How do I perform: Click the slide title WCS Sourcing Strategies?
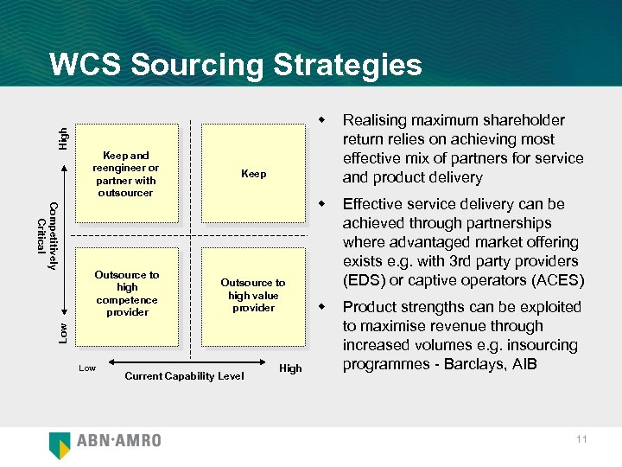(236, 65)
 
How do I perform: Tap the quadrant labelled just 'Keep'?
(253, 174)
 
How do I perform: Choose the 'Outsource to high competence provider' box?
(127, 294)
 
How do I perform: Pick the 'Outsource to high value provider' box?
(253, 295)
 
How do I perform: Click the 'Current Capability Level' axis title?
(184, 375)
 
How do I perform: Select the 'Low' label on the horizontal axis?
(87, 368)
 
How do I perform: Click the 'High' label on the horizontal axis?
(290, 368)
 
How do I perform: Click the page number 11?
(581, 439)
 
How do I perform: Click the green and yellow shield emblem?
(60, 444)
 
